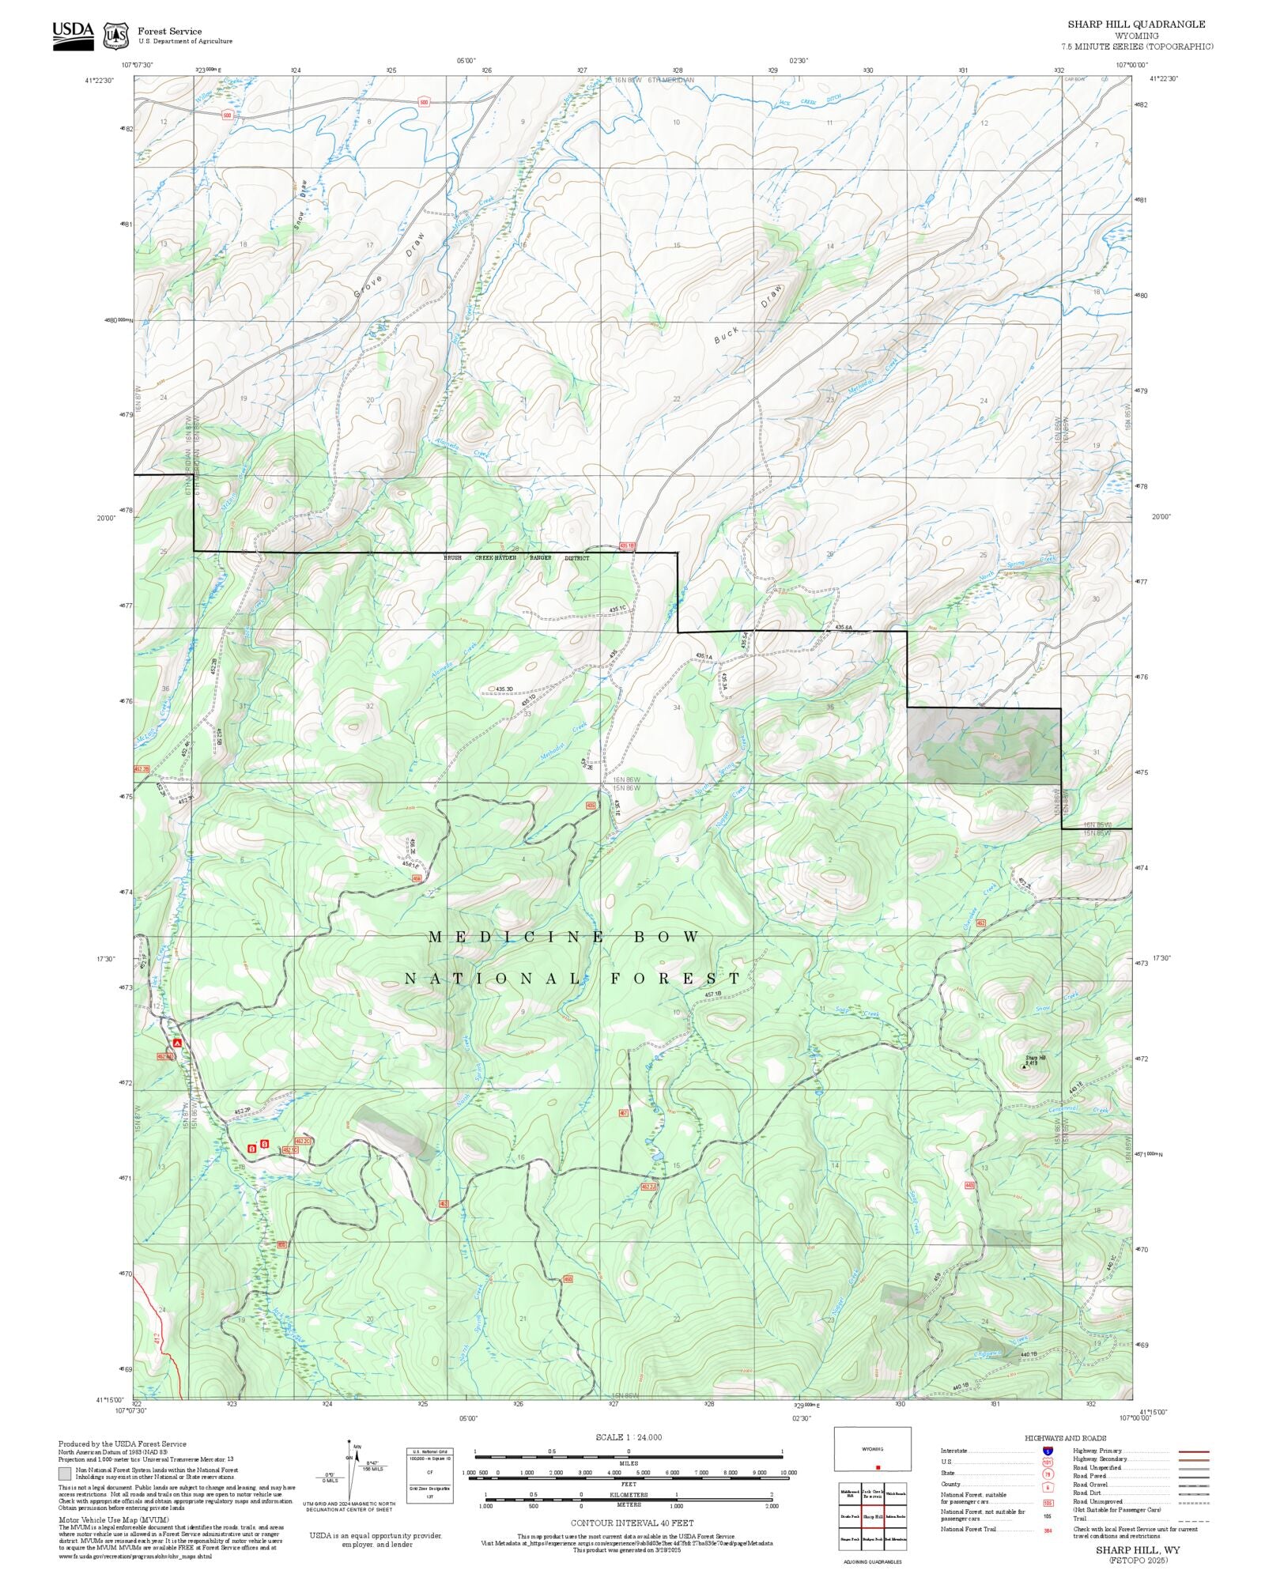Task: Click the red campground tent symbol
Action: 178,1043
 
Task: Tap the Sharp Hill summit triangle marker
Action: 1025,1066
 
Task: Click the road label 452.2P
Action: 242,1111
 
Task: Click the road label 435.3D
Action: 504,689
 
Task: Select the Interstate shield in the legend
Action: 1048,1451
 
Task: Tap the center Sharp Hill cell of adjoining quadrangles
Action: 872,1517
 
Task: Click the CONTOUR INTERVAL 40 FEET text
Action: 632,1523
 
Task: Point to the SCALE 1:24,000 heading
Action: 629,1437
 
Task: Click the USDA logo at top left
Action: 73,36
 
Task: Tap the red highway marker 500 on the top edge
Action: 424,102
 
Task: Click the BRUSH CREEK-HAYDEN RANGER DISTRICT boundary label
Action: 515,558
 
